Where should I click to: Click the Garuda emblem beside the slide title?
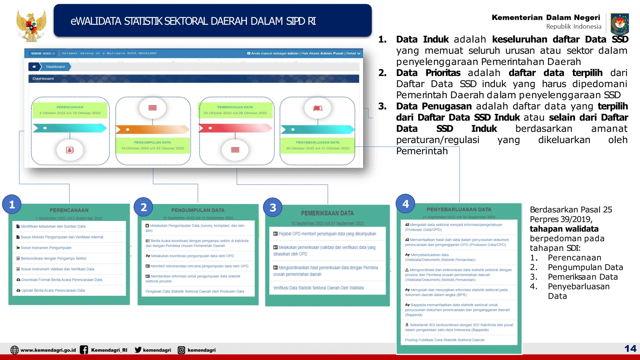31,26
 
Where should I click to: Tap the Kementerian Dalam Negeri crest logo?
619,24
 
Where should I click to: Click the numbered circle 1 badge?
12,204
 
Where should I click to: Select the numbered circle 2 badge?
143,207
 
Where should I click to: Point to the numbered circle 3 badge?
273,207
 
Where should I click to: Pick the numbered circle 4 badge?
405,204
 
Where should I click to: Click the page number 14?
630,348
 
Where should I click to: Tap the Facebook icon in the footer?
84,350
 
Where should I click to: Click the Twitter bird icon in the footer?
138,350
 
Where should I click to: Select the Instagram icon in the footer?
181,350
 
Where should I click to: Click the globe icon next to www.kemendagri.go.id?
14,350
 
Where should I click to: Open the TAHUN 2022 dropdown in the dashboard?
43,53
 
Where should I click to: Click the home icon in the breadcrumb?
34,67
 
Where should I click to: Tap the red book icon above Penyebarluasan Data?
317,108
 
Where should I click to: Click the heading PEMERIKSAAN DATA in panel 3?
327,213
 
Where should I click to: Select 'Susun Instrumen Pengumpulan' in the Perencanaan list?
46,248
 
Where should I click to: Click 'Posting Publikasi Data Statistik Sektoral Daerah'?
444,340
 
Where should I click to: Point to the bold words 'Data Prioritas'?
428,73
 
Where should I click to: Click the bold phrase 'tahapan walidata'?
564,229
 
